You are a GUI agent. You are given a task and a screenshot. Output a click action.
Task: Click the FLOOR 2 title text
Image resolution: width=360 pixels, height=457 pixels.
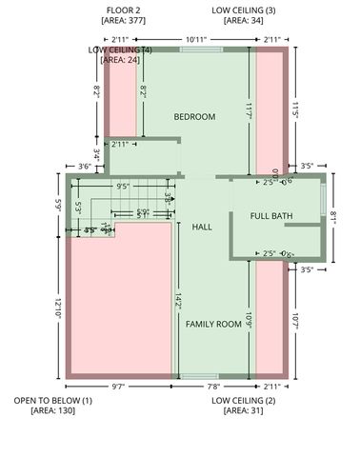122,9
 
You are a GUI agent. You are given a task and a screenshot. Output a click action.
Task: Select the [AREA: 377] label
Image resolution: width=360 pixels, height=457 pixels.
122,19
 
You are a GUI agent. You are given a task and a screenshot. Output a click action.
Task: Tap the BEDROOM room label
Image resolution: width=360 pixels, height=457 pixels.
194,117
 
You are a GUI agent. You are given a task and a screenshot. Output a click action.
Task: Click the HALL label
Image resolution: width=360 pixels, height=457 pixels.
202,228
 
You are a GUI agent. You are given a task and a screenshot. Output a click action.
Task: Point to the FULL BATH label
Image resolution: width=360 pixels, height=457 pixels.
271,216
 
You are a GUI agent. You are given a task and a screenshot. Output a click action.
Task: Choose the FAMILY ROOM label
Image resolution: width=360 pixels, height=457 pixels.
213,324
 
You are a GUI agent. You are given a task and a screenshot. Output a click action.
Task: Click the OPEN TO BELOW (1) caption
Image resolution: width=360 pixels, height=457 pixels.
52,401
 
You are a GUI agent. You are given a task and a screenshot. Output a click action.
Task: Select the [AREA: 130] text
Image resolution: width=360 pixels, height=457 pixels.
52,411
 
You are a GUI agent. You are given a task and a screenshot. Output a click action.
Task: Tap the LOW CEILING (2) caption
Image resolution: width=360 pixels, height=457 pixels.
244,401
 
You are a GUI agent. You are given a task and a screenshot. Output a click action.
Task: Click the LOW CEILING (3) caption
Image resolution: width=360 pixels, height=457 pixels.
244,9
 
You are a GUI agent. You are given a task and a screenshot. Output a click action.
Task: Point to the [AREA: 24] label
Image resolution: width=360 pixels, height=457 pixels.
120,60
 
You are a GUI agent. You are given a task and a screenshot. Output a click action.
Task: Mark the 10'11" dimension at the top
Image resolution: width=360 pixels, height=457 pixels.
196,38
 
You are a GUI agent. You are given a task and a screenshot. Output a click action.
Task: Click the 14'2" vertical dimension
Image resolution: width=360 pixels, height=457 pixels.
178,300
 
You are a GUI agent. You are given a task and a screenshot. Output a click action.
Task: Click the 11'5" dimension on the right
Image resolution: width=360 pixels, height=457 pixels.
297,110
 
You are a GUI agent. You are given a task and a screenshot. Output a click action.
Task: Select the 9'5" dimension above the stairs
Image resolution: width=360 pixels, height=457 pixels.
123,187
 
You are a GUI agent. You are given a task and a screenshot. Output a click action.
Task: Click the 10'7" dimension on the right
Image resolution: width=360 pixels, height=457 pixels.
297,323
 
